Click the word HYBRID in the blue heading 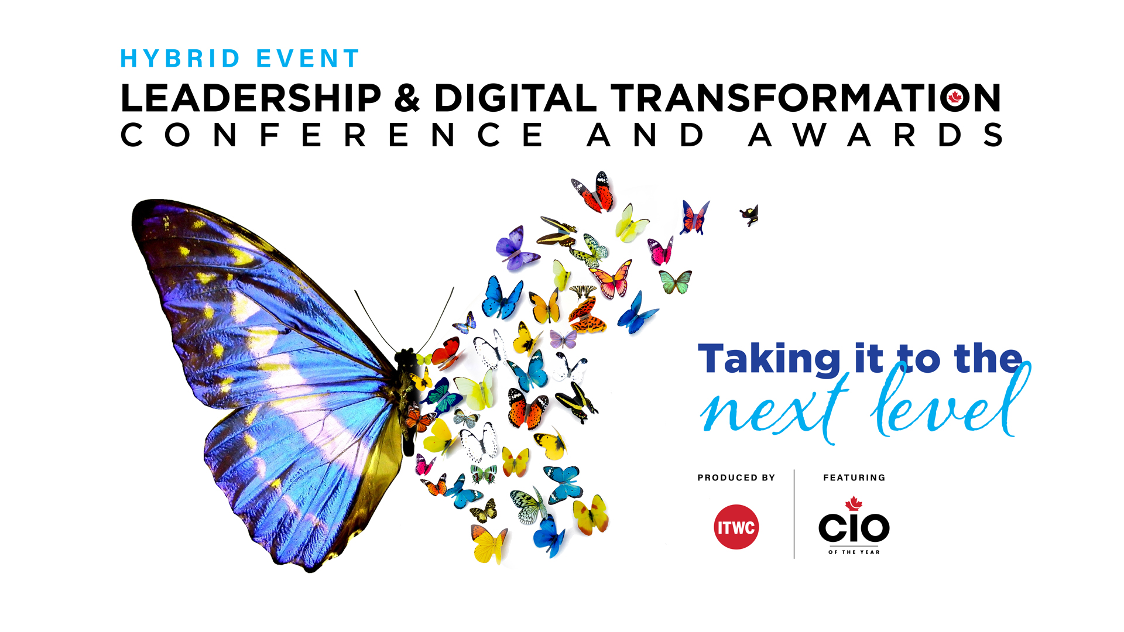coord(180,59)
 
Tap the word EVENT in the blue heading coord(308,59)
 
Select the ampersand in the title coord(407,98)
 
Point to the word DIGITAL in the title coord(515,98)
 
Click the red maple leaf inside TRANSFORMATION coord(955,97)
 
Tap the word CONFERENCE coord(332,135)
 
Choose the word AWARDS coord(876,135)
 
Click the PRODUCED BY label coord(736,478)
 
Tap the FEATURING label coord(854,478)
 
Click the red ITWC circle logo coord(736,527)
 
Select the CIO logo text coord(854,527)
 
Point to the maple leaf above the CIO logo coord(854,503)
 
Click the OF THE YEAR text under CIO coord(854,552)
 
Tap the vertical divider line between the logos coord(794,514)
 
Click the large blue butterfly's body coord(407,398)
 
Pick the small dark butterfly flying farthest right coord(750,215)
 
